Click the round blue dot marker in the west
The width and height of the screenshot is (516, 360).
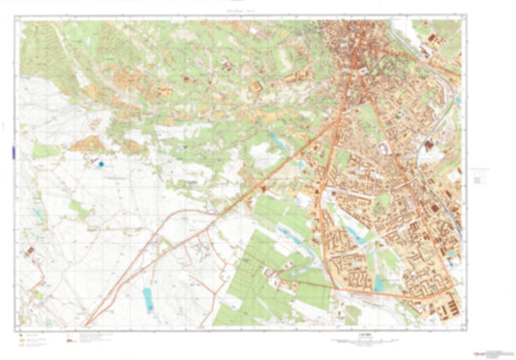101,165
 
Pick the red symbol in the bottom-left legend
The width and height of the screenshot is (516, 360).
69,339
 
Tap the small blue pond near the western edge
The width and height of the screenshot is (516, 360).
37,211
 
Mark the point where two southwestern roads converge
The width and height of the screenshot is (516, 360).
87,323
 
